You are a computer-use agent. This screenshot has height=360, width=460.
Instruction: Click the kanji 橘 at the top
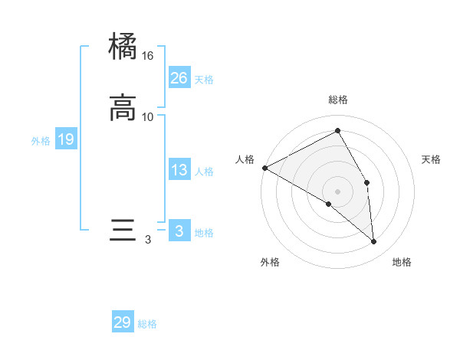(x=123, y=46)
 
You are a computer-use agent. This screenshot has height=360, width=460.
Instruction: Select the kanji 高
(x=123, y=107)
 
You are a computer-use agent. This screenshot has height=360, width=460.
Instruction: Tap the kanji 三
(x=123, y=230)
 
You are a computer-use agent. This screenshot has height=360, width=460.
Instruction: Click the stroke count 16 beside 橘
(x=148, y=56)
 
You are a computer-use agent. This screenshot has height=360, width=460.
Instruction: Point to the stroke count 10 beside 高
(x=148, y=116)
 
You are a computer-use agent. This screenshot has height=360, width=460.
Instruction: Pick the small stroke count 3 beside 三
(x=148, y=240)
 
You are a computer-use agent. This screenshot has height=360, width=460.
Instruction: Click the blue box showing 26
(x=179, y=77)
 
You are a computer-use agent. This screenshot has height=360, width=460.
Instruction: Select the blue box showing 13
(x=179, y=170)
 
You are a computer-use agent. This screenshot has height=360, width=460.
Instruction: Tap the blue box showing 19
(x=66, y=139)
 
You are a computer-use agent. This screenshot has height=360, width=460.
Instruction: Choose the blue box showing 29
(x=123, y=322)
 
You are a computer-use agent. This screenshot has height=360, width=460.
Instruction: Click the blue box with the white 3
(x=179, y=231)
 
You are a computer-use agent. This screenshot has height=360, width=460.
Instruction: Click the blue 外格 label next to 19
(x=41, y=141)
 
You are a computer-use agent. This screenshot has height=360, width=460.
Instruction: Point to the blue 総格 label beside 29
(x=147, y=324)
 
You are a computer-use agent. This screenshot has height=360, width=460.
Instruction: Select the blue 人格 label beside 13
(x=204, y=172)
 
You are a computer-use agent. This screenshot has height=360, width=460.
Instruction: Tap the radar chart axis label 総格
(x=338, y=100)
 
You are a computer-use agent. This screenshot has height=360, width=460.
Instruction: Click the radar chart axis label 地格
(x=402, y=262)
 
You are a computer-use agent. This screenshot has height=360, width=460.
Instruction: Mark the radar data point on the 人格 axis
(x=264, y=168)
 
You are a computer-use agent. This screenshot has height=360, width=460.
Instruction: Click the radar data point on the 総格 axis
(x=338, y=131)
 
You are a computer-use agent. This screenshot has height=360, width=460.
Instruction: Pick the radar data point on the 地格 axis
(x=374, y=242)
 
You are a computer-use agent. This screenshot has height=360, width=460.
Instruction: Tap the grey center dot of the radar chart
(x=338, y=191)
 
